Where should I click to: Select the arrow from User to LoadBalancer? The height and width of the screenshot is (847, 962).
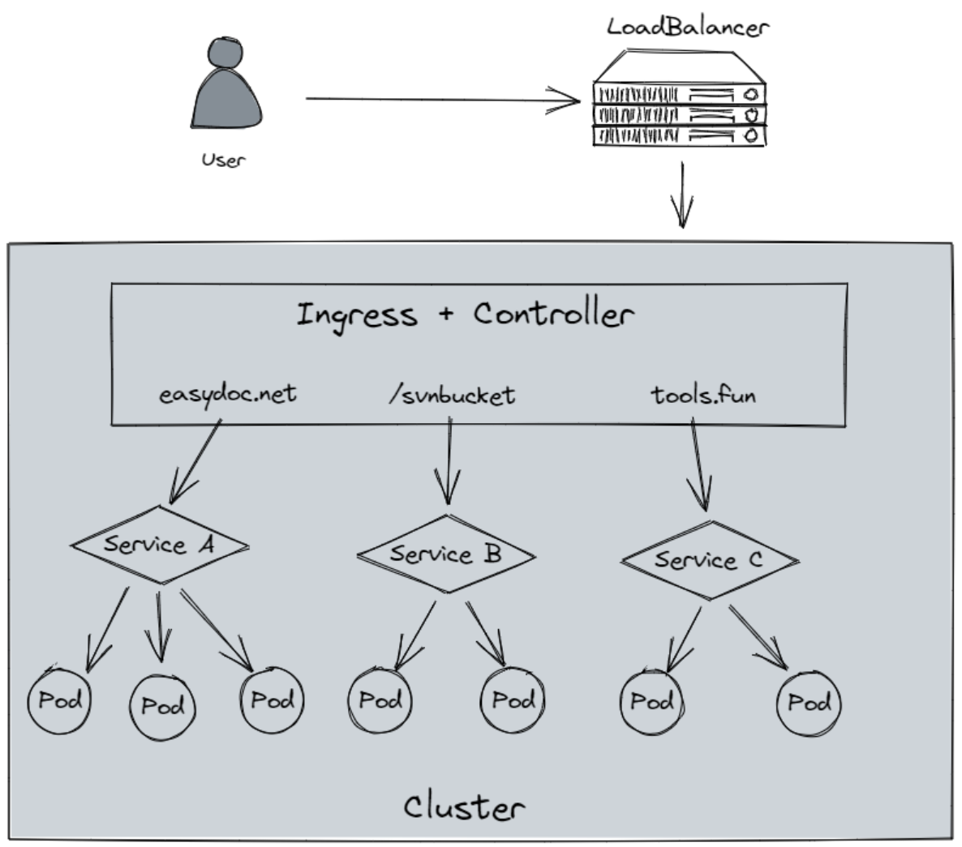[442, 100]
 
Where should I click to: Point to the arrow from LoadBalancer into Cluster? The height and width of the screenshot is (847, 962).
[682, 195]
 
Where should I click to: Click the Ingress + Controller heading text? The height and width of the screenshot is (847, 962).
[465, 314]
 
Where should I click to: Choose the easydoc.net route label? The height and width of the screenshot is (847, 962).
[228, 396]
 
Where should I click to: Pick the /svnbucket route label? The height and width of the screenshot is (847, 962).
[451, 396]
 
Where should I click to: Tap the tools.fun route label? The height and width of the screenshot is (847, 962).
[703, 396]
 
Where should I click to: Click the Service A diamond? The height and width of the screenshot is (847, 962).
[159, 545]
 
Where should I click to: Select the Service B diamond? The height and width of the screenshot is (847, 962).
[446, 555]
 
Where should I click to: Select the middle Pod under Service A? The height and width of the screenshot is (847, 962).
[162, 706]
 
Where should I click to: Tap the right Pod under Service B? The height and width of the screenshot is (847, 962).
[513, 699]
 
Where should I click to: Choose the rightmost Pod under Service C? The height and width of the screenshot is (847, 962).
[809, 703]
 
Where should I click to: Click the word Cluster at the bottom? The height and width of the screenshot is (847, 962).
[464, 807]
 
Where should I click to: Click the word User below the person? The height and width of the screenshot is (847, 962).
[223, 160]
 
